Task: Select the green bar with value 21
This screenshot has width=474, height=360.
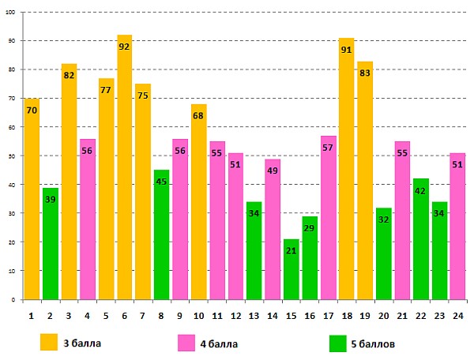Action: [x=291, y=269]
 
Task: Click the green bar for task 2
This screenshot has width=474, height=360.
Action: [x=51, y=244]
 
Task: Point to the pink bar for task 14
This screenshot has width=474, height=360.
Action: [x=273, y=229]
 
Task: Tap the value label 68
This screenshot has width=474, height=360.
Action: [x=198, y=116]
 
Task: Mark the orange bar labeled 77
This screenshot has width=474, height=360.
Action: [x=106, y=189]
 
